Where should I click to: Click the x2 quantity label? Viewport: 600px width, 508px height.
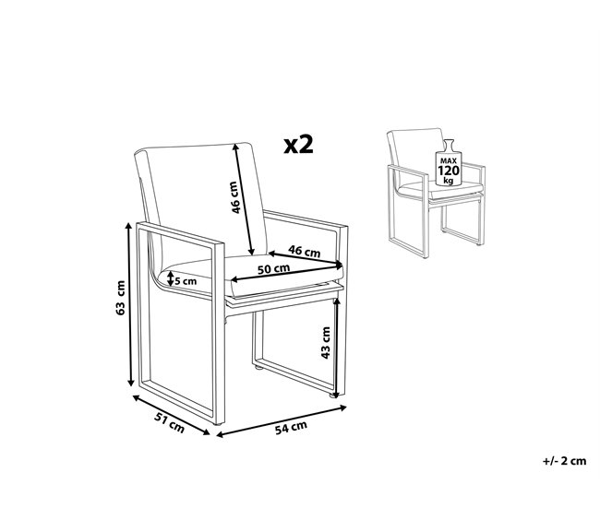tap(298, 145)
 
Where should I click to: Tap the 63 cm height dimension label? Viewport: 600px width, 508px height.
tap(120, 298)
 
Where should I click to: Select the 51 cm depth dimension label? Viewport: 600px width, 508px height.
tap(169, 423)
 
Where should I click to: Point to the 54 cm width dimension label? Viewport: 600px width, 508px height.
tap(291, 428)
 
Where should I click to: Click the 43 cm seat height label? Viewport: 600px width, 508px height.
tap(325, 342)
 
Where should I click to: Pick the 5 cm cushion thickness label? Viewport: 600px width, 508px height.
tap(186, 281)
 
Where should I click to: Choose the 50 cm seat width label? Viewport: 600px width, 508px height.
tap(273, 268)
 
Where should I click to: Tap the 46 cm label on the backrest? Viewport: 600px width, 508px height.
tap(235, 197)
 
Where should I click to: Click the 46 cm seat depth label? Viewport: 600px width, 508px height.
tap(305, 251)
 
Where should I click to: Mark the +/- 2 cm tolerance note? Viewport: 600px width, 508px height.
tap(564, 461)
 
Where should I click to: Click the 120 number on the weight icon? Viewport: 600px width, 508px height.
tap(449, 171)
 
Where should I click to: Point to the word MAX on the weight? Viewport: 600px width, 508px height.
tap(449, 161)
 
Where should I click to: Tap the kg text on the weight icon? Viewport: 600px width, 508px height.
tap(449, 181)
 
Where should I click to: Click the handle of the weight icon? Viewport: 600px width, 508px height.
tap(449, 146)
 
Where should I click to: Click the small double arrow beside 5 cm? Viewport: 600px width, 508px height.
tap(170, 278)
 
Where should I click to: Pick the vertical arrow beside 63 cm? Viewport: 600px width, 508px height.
tap(130, 304)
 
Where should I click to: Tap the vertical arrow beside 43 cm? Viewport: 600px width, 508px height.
tap(336, 348)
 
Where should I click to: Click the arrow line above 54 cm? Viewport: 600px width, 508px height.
tap(282, 421)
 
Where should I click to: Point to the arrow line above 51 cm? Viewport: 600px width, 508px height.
tap(171, 415)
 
